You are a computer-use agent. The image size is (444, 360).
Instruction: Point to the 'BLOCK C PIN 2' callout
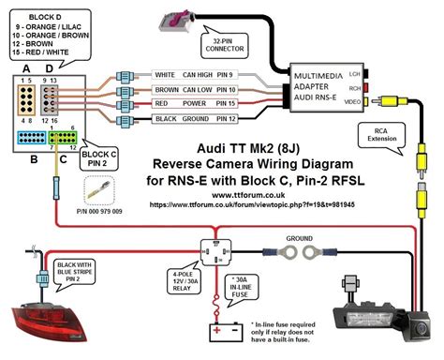click(99, 157)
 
